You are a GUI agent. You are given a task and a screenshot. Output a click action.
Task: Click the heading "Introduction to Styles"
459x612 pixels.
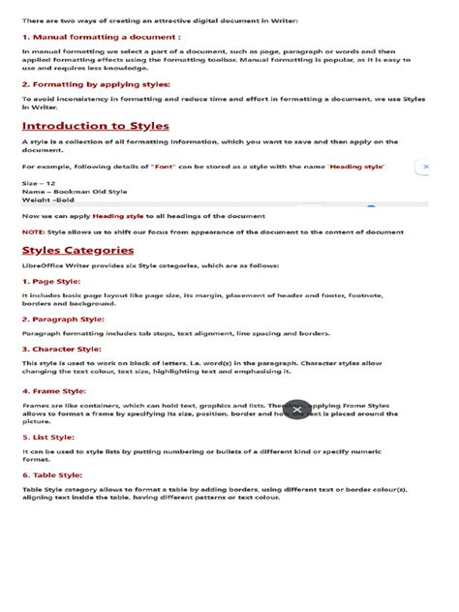click(96, 126)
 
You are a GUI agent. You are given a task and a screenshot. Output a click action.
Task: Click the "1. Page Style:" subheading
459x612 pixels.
click(54, 280)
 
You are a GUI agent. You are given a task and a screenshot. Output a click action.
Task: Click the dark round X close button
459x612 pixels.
click(296, 410)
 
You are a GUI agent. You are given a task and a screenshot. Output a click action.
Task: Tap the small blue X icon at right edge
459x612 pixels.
click(425, 167)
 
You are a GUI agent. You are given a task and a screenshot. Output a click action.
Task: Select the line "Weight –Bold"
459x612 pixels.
click(48, 199)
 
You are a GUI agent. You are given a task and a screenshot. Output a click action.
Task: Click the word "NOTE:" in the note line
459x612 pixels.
click(33, 231)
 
